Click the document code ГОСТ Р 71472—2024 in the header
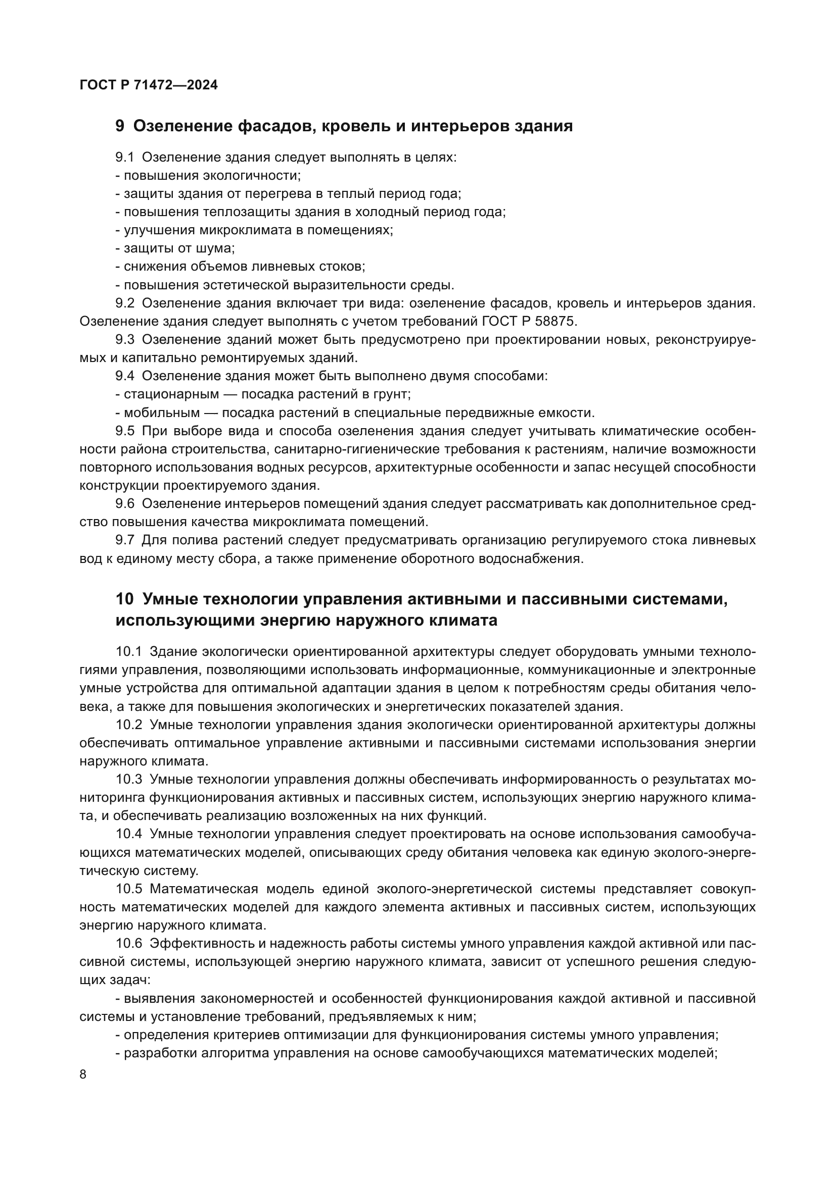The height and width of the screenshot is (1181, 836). coord(149,85)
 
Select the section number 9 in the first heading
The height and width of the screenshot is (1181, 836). coord(119,126)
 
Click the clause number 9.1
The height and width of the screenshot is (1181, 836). coord(124,158)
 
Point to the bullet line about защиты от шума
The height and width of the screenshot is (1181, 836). coord(175,248)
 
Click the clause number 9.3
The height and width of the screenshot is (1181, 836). coord(124,339)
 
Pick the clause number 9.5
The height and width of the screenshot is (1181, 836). coord(124,431)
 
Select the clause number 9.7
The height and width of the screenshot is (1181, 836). coord(124,540)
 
